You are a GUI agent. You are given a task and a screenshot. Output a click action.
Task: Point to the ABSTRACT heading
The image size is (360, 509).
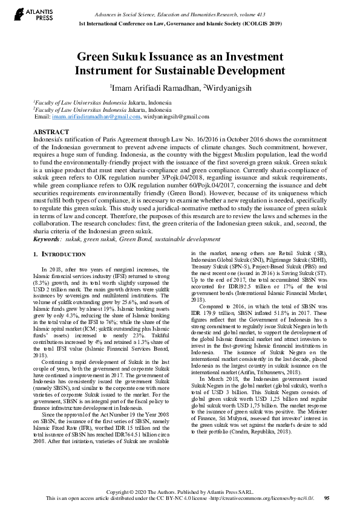pyautogui.click(x=47, y=131)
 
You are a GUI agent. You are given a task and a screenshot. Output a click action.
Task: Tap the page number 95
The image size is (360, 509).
pyautogui.click(x=327, y=498)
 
